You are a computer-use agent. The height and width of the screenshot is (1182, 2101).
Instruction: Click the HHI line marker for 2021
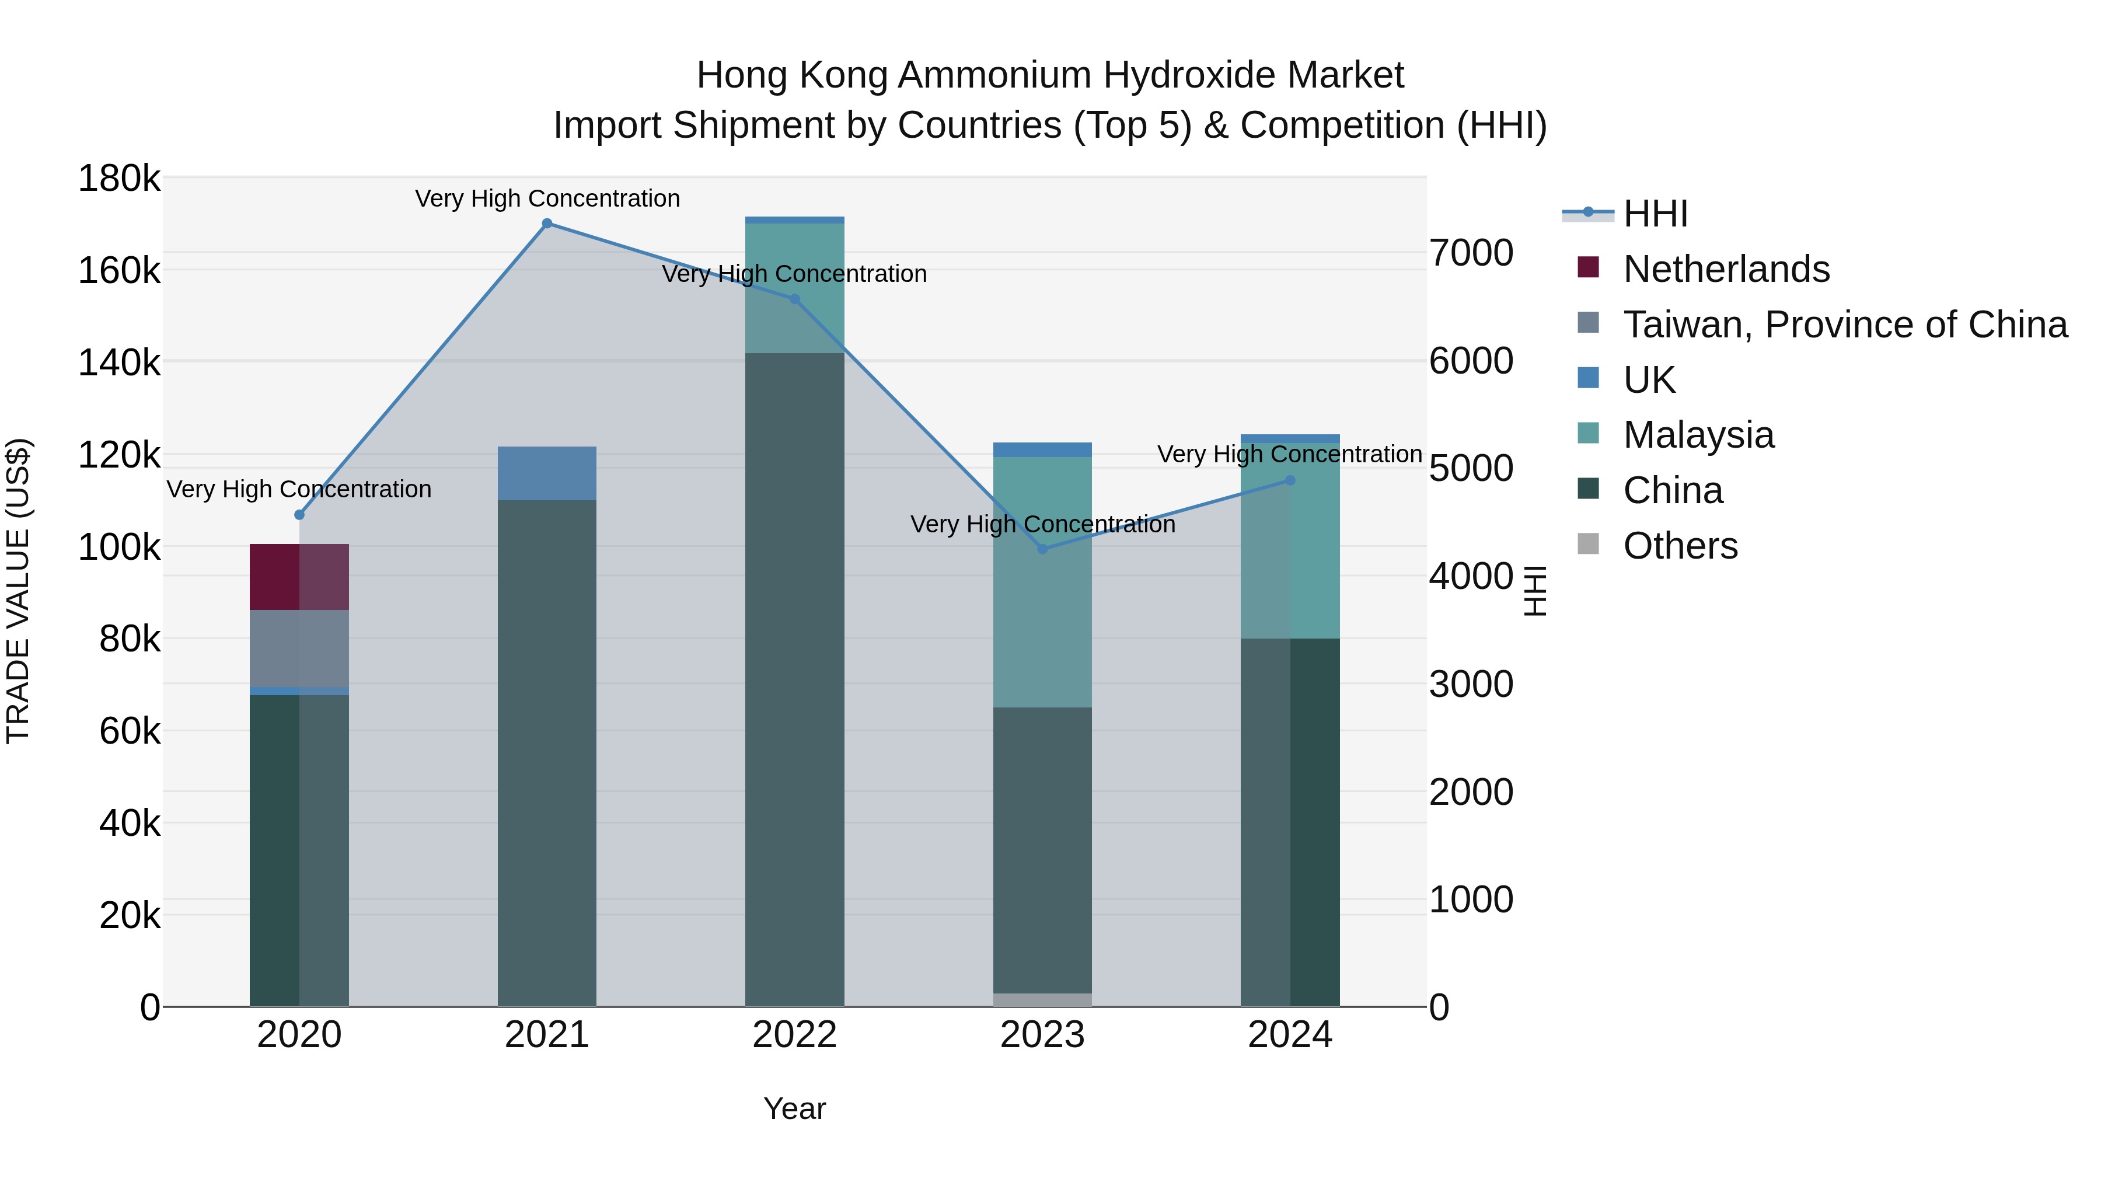pyautogui.click(x=547, y=224)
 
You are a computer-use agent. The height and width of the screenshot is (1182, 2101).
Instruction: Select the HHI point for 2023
pyautogui.click(x=1042, y=549)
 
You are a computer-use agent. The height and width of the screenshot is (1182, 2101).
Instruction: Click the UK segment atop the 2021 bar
pyautogui.click(x=547, y=473)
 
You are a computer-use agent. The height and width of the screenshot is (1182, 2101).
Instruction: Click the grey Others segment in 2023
pyautogui.click(x=1042, y=999)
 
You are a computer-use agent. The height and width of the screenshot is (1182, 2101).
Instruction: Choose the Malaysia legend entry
pyautogui.click(x=1698, y=435)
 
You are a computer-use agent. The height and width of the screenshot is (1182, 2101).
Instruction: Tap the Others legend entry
pyautogui.click(x=1680, y=546)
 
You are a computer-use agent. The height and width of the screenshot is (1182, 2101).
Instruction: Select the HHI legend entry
pyautogui.click(x=1656, y=214)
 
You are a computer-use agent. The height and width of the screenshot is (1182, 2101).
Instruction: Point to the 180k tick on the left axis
pyautogui.click(x=119, y=178)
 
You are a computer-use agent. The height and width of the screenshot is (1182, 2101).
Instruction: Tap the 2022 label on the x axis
pyautogui.click(x=794, y=1035)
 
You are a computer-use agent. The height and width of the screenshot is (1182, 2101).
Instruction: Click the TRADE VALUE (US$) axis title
pyautogui.click(x=18, y=591)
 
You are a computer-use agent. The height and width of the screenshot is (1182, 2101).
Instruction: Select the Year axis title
pyautogui.click(x=794, y=1108)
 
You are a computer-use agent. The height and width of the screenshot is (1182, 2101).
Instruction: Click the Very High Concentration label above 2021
pyautogui.click(x=547, y=198)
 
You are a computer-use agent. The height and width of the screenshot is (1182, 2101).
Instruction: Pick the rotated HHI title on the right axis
pyautogui.click(x=1534, y=591)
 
